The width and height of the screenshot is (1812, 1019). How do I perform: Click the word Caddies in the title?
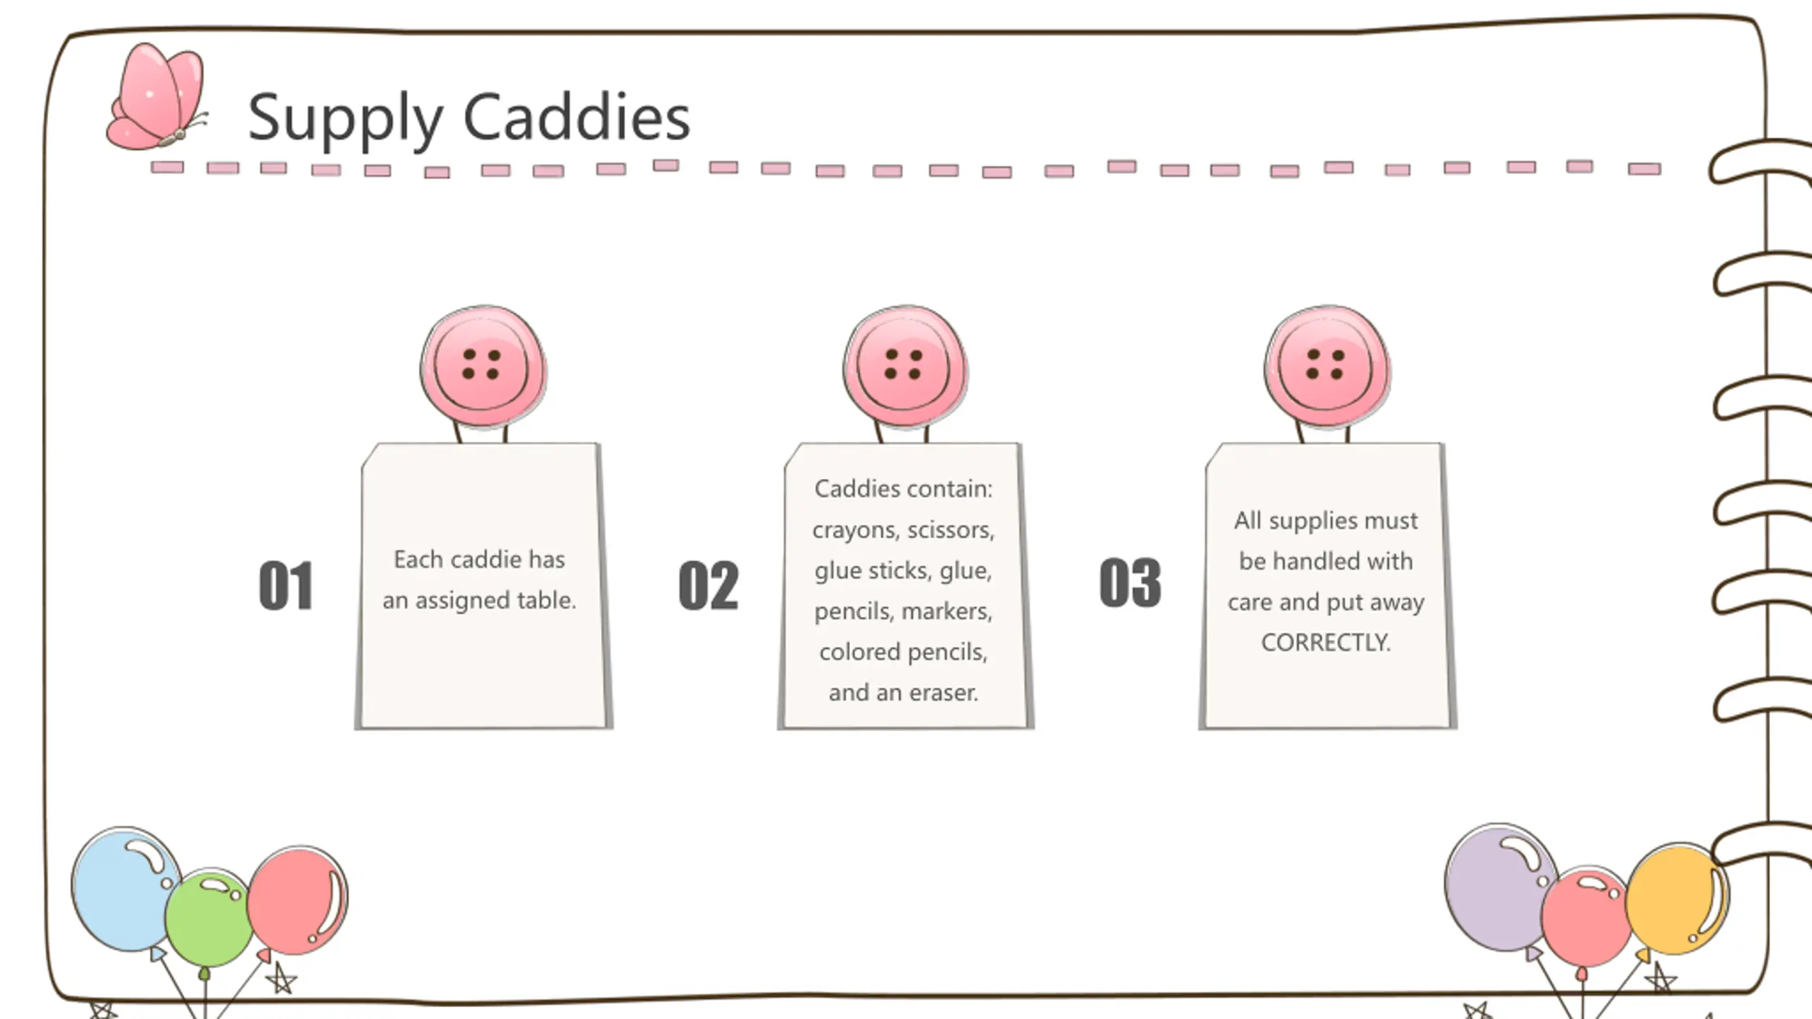[576, 117]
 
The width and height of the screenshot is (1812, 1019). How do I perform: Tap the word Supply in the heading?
[345, 119]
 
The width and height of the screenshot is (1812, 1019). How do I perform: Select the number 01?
[285, 586]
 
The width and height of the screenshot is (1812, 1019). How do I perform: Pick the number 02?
[708, 586]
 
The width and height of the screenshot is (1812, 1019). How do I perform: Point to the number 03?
[1130, 583]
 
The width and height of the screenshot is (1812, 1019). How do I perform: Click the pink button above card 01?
[483, 367]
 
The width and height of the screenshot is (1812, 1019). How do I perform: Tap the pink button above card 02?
[905, 367]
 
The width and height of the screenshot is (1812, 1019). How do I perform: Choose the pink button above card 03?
[1327, 367]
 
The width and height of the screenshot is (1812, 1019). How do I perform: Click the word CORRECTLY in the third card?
[1326, 643]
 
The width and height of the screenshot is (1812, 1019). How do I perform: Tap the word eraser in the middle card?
[944, 692]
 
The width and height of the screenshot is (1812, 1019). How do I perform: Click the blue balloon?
[125, 890]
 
